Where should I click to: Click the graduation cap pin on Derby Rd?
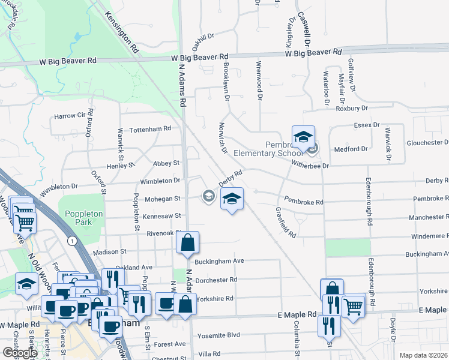[232, 199]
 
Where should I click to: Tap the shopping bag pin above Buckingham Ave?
[187, 244]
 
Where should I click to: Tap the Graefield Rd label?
[286, 223]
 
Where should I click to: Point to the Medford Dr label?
[351, 149]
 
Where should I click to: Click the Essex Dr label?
[367, 125]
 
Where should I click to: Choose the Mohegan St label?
[161, 198]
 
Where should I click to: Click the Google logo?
[20, 353]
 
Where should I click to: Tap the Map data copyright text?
[424, 355]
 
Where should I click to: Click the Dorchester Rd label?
[217, 280]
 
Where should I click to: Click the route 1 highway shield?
[72, 241]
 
